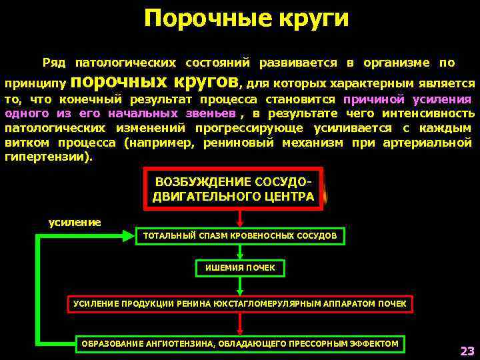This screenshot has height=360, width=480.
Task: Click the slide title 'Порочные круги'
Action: [x=246, y=19]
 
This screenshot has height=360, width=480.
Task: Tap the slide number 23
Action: [x=466, y=351]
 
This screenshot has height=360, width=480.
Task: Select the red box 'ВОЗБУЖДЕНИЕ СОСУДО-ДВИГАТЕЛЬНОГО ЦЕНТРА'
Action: [x=233, y=189]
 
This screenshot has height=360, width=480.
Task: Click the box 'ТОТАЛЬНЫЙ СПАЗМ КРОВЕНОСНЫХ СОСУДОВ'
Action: [x=240, y=236]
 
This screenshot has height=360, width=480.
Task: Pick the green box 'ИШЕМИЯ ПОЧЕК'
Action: [x=240, y=268]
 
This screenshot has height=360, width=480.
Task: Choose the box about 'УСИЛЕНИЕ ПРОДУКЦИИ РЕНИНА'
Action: [x=240, y=304]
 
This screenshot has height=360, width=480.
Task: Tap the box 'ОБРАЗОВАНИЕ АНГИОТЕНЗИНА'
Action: [x=240, y=344]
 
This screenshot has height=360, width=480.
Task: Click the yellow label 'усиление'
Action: [x=75, y=222]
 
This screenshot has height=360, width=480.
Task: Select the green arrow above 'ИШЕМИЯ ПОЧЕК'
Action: [x=240, y=252]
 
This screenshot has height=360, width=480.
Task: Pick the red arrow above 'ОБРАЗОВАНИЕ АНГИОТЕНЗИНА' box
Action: [x=240, y=323]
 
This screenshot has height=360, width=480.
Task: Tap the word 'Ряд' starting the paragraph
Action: [x=53, y=63]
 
